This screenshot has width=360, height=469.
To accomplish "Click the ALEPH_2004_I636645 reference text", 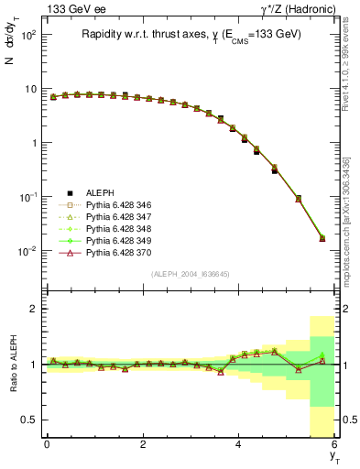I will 191,274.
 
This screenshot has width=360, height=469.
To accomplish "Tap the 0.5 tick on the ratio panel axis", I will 27,420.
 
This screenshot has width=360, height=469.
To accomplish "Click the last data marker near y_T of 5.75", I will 322,238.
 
